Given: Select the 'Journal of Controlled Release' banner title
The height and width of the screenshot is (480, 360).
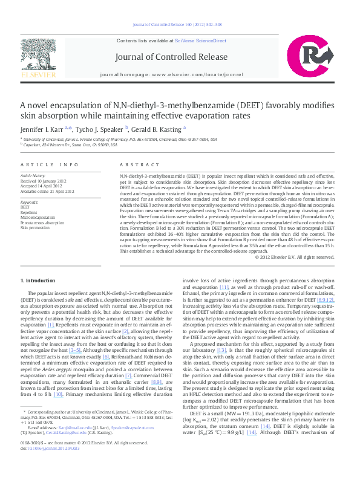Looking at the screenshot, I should pyautogui.click(x=180, y=58).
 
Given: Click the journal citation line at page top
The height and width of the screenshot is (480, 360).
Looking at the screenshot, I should pyautogui.click(x=180, y=25).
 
